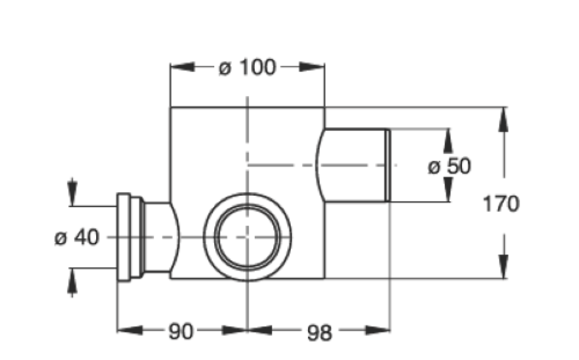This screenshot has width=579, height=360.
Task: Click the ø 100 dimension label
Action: pyautogui.click(x=247, y=67)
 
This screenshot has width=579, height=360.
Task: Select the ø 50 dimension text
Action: pyautogui.click(x=449, y=166)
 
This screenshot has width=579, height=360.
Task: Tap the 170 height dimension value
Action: pyautogui.click(x=501, y=204)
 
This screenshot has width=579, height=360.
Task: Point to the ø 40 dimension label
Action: pyautogui.click(x=76, y=237)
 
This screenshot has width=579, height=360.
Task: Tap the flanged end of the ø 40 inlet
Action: pyautogui.click(x=124, y=237)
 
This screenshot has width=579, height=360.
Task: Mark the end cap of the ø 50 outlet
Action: pyautogui.click(x=387, y=165)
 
